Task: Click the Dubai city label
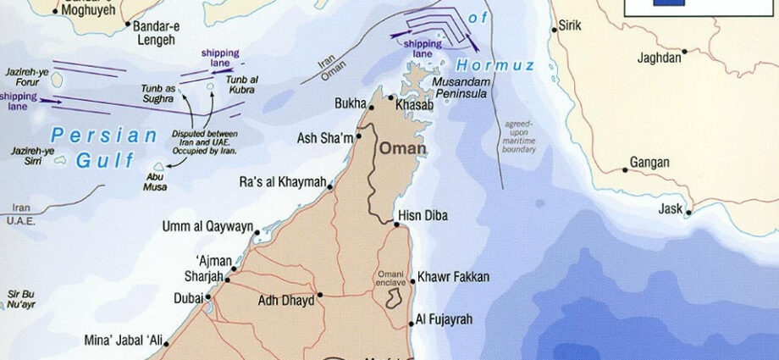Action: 187,297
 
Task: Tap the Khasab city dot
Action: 390,98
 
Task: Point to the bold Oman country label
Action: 403,148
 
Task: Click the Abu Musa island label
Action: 157,181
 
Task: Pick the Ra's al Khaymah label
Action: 282,181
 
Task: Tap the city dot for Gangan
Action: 625,170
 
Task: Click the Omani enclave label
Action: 393,278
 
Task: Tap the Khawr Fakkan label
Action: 453,277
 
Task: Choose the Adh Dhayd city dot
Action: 320,297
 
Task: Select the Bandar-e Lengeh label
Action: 154,32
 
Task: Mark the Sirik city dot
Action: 555,28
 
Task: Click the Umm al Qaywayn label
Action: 208,226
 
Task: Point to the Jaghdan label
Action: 660,58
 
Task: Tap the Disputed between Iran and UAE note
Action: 204,141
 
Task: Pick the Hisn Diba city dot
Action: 397,224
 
